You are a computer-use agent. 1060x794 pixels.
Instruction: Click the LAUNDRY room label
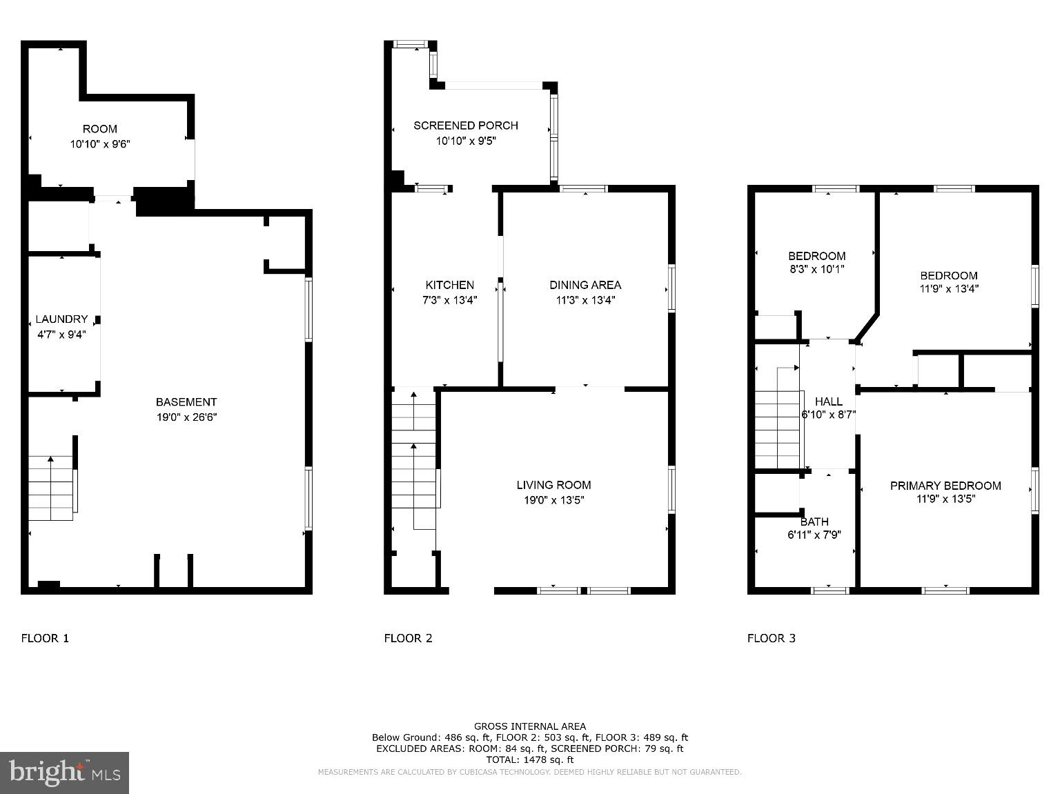pyautogui.click(x=61, y=319)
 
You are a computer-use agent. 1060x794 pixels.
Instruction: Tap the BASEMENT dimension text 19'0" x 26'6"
pyautogui.click(x=186, y=417)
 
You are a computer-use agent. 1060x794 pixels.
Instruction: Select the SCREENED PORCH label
pyautogui.click(x=465, y=126)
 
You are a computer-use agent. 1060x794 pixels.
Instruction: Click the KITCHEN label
pyautogui.click(x=449, y=285)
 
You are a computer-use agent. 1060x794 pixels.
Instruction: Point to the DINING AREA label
pyautogui.click(x=585, y=285)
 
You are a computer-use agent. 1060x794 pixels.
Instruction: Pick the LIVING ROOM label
pyautogui.click(x=553, y=485)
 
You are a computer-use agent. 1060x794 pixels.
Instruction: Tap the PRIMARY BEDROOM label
pyautogui.click(x=945, y=486)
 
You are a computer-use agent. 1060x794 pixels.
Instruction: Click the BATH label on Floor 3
pyautogui.click(x=814, y=522)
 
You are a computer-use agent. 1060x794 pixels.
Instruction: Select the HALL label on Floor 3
pyautogui.click(x=828, y=401)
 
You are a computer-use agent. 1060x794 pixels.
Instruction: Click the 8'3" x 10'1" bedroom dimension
pyautogui.click(x=816, y=270)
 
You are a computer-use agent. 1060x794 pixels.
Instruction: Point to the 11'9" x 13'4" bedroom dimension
pyautogui.click(x=948, y=290)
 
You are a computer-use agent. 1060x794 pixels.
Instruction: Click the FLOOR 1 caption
pyautogui.click(x=45, y=638)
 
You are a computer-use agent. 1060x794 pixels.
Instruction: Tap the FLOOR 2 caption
pyautogui.click(x=408, y=638)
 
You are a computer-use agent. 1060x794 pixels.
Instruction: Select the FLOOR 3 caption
pyautogui.click(x=771, y=638)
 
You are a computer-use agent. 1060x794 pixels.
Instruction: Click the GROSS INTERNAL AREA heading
pyautogui.click(x=529, y=726)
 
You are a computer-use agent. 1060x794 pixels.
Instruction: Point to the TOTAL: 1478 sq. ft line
pyautogui.click(x=529, y=760)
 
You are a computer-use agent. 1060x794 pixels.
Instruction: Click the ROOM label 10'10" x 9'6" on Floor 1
pyautogui.click(x=100, y=137)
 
